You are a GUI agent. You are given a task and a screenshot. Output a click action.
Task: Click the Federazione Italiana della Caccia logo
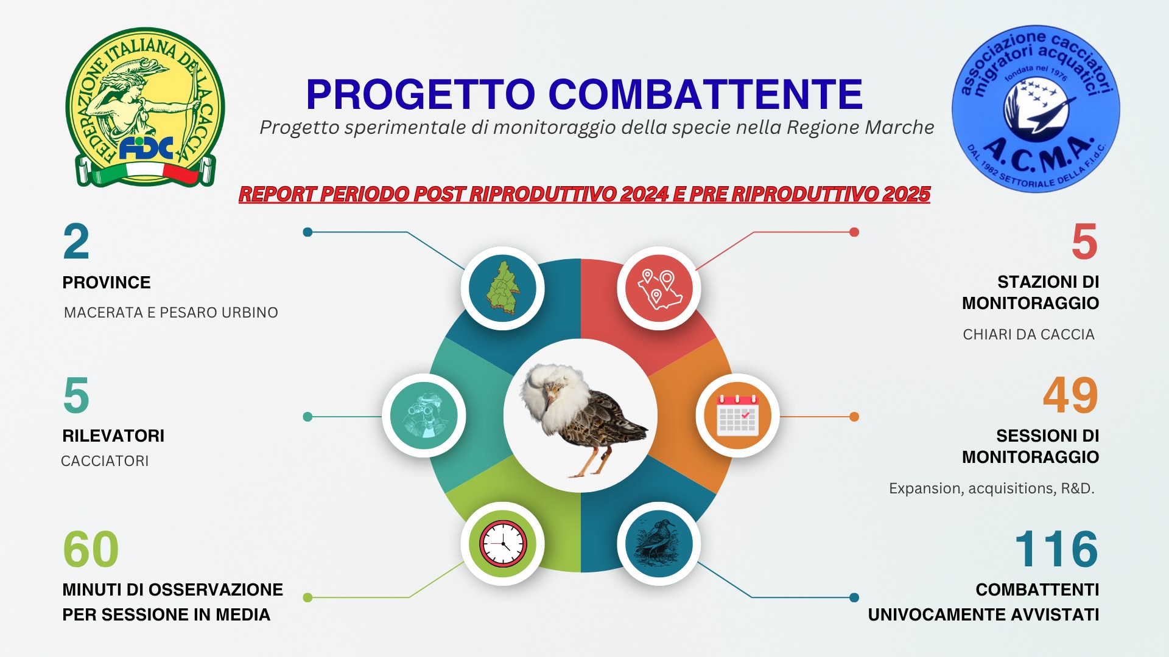(x=145, y=107)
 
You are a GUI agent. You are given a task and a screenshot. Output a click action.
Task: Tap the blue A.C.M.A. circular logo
(x=1036, y=109)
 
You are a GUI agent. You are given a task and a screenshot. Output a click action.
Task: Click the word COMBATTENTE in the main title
(x=705, y=94)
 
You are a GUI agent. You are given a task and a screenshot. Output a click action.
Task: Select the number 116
(x=1056, y=549)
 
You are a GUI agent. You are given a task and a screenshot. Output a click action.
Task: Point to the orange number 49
(x=1070, y=395)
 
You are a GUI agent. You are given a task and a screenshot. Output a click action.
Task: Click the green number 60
(x=91, y=549)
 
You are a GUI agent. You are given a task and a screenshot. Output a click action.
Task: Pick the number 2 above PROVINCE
(x=76, y=242)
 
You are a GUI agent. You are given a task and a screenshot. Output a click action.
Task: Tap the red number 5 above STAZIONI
(x=1085, y=242)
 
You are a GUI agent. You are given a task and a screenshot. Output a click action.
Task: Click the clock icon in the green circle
(x=503, y=543)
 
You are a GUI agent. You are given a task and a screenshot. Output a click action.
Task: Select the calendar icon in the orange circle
(x=737, y=415)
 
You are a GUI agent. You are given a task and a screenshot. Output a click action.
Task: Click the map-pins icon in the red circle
(x=659, y=289)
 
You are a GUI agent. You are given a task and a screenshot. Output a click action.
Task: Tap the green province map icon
(x=503, y=288)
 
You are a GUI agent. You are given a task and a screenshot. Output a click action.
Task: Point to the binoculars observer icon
(x=424, y=415)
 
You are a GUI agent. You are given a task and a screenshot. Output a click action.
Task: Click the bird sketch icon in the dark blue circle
(x=658, y=543)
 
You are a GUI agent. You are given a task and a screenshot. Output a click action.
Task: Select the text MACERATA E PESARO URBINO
(x=171, y=313)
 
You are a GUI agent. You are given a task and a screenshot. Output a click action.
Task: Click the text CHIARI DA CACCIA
(x=1029, y=335)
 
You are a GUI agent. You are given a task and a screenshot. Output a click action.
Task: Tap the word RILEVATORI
(x=113, y=436)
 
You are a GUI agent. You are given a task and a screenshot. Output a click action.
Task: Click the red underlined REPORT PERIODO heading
(x=584, y=194)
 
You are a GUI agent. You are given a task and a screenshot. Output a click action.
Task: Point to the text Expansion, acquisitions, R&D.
(x=992, y=488)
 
